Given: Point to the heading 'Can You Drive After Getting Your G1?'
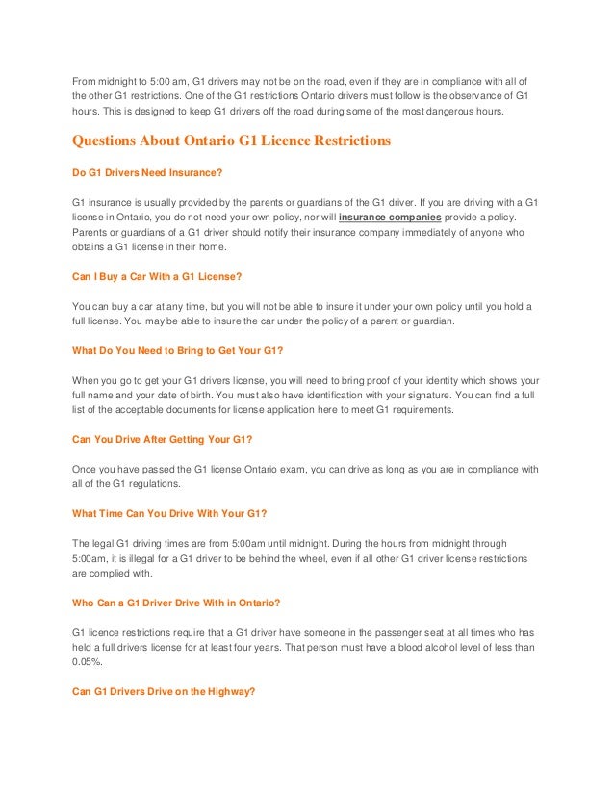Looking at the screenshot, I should coord(163,438).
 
